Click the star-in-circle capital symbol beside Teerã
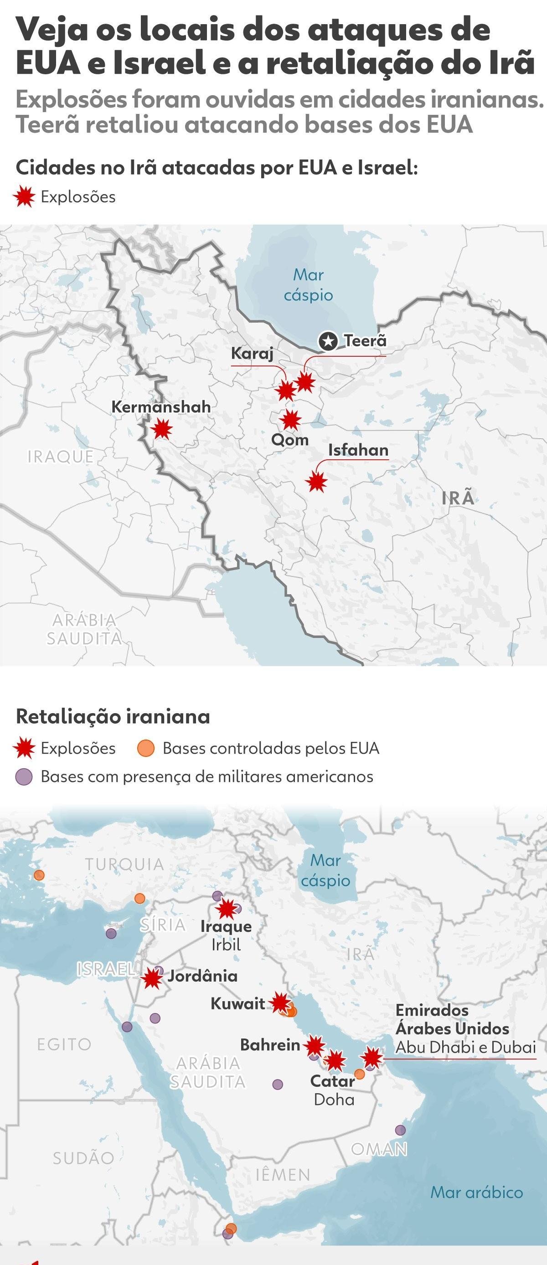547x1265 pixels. (327, 341)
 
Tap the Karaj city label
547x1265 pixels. (252, 353)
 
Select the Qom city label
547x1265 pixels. (290, 439)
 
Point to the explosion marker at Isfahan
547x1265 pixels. (317, 481)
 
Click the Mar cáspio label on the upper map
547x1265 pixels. (308, 285)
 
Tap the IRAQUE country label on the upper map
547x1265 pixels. (60, 457)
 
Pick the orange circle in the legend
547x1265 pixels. (146, 748)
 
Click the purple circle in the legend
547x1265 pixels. (24, 777)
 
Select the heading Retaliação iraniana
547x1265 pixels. (113, 716)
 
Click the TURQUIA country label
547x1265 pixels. (124, 864)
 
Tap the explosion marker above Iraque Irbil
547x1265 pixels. (227, 909)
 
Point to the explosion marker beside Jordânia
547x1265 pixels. (152, 978)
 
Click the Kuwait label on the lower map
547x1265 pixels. (237, 1003)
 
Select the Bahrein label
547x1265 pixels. (269, 1044)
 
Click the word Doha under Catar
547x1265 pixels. (334, 1099)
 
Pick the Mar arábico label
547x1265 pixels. (476, 1192)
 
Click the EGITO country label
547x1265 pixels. (64, 1044)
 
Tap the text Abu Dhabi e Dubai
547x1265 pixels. (465, 1048)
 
